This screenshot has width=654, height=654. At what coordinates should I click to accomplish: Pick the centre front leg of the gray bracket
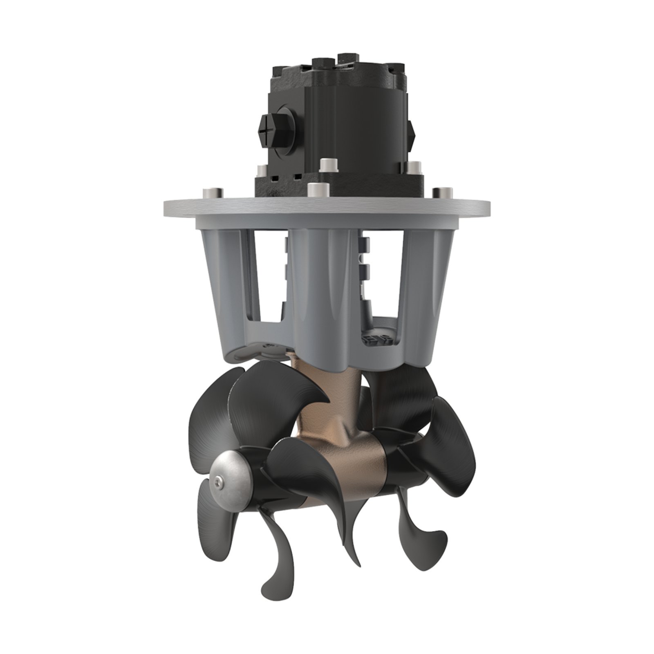[323, 294]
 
